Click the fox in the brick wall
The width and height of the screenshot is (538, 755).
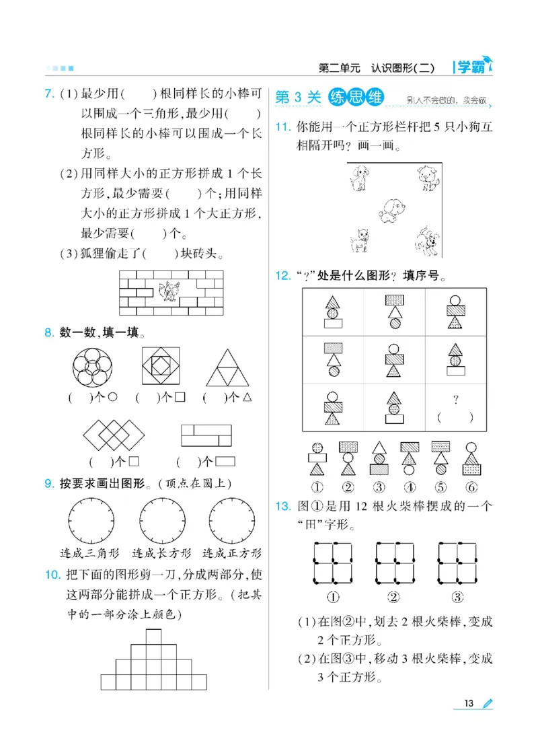pos(169,290)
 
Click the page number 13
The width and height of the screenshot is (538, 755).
pos(469,703)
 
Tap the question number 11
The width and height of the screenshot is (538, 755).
pos(282,128)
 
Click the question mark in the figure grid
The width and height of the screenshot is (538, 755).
pos(455,400)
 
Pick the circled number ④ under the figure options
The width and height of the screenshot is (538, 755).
pos(409,487)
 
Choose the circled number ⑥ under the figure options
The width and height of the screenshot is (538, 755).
pos(471,487)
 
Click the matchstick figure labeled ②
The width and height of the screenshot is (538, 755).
pos(394,562)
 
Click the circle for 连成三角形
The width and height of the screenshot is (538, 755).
pos(90,521)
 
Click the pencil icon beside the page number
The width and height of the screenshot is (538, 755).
pos(488,703)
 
